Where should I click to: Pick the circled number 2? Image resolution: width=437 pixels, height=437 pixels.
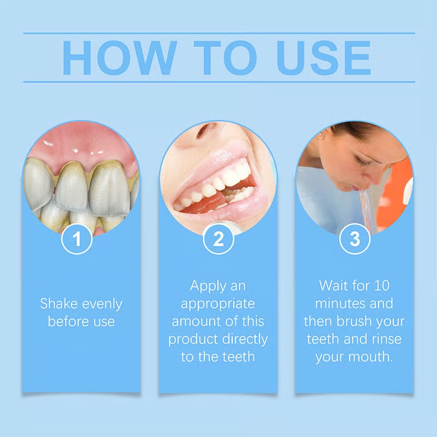coord(217,239)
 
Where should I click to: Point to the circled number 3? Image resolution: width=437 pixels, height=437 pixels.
coord(355,239)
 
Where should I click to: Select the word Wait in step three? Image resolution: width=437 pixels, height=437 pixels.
coord(334,285)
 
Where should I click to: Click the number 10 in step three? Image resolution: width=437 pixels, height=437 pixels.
coord(380,285)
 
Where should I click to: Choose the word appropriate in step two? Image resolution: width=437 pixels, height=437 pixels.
coord(218,304)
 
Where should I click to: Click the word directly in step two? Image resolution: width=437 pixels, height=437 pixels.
coord(244,339)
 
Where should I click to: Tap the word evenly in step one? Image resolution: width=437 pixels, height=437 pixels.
coord(101,304)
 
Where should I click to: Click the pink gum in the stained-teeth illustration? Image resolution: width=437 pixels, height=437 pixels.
coord(82,142)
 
